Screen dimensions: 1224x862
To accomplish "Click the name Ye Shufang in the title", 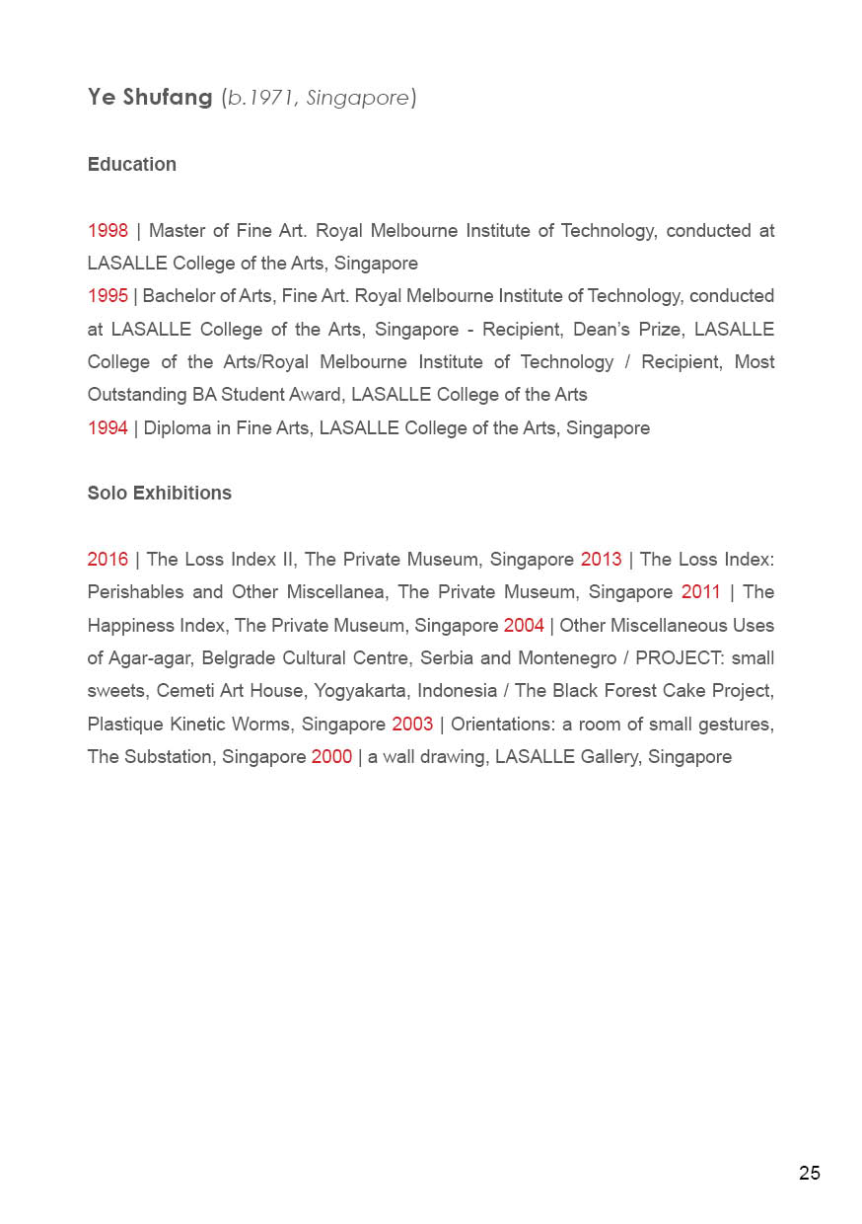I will click(150, 98).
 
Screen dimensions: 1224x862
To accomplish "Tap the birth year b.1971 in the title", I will click(261, 98).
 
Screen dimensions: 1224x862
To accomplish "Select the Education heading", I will click(132, 165).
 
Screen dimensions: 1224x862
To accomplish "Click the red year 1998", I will click(108, 231).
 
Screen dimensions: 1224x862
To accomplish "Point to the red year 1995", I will click(108, 296).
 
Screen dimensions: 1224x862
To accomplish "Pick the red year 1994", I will click(108, 428).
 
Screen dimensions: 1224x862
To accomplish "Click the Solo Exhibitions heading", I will click(160, 494).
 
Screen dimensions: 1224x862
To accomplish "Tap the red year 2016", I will click(108, 560).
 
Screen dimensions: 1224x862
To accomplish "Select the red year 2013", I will click(601, 560).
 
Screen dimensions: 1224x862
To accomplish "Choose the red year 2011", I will click(701, 592).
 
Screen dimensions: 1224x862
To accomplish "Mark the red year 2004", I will click(524, 626).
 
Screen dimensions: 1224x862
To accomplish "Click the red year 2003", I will click(412, 725).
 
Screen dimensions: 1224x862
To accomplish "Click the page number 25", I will click(809, 1174).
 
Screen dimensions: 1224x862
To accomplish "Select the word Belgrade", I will click(238, 658).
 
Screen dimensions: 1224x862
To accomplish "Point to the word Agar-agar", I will click(149, 658).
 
